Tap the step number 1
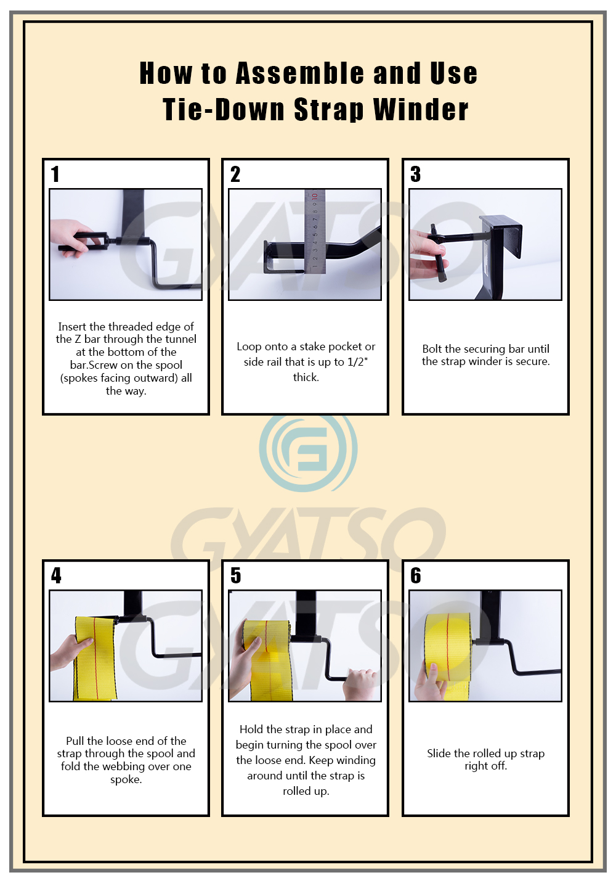[x=55, y=175]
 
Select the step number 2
[x=235, y=175]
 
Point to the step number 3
[x=416, y=175]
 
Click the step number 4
[x=56, y=576]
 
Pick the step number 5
[x=236, y=576]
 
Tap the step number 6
[x=416, y=576]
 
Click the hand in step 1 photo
[x=71, y=238]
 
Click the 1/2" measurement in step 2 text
[x=357, y=362]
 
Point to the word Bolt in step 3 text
[x=432, y=349]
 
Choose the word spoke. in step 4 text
[x=126, y=779]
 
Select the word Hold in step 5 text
[x=251, y=729]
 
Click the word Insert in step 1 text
[x=72, y=327]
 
